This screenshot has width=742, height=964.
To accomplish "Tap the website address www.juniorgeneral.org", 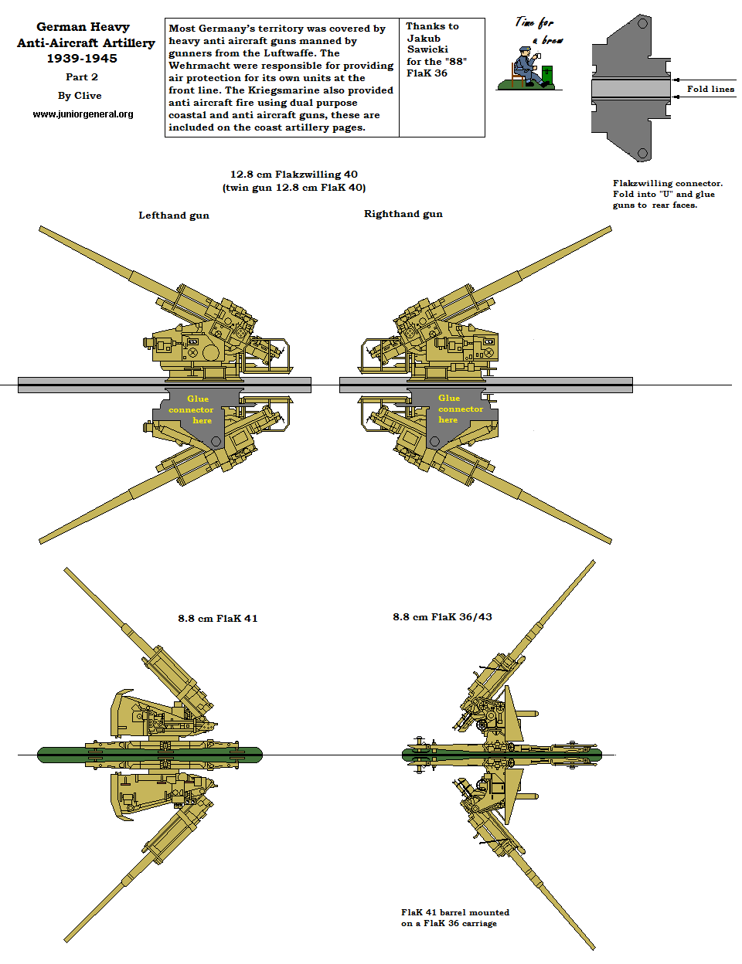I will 83,114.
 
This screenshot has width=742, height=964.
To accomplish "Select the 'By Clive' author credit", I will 80,96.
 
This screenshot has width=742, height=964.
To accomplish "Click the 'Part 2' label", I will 82,77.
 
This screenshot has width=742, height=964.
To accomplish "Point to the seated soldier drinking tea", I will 527,68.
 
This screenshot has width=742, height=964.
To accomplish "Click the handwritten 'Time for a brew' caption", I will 539,31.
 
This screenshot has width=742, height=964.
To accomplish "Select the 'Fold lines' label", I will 710,89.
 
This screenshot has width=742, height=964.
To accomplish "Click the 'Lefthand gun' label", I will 174,216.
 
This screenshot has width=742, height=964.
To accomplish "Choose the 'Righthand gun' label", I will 403,214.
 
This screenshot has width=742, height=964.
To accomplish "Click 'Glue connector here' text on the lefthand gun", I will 193,409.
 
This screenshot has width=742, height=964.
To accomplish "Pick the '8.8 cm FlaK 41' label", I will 218,619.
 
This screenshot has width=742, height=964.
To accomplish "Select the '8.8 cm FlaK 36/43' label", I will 442,617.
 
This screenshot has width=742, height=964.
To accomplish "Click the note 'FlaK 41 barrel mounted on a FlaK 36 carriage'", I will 455,918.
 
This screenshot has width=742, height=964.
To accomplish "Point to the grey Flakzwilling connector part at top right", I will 630,87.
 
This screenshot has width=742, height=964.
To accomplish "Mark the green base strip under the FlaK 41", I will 150,755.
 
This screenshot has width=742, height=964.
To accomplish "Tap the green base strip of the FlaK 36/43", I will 501,755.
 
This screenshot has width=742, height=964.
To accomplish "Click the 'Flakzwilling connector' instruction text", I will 668,194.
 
